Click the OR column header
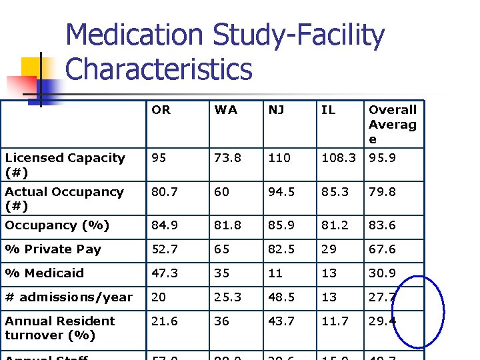161,110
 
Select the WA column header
226,110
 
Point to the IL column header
328,110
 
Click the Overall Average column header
392,124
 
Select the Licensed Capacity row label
65,165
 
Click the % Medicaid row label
45,273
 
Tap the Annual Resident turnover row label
60,328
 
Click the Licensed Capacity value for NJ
279,158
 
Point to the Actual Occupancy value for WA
221,192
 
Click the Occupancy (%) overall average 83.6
382,225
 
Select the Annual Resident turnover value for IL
335,321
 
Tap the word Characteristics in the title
159,69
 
